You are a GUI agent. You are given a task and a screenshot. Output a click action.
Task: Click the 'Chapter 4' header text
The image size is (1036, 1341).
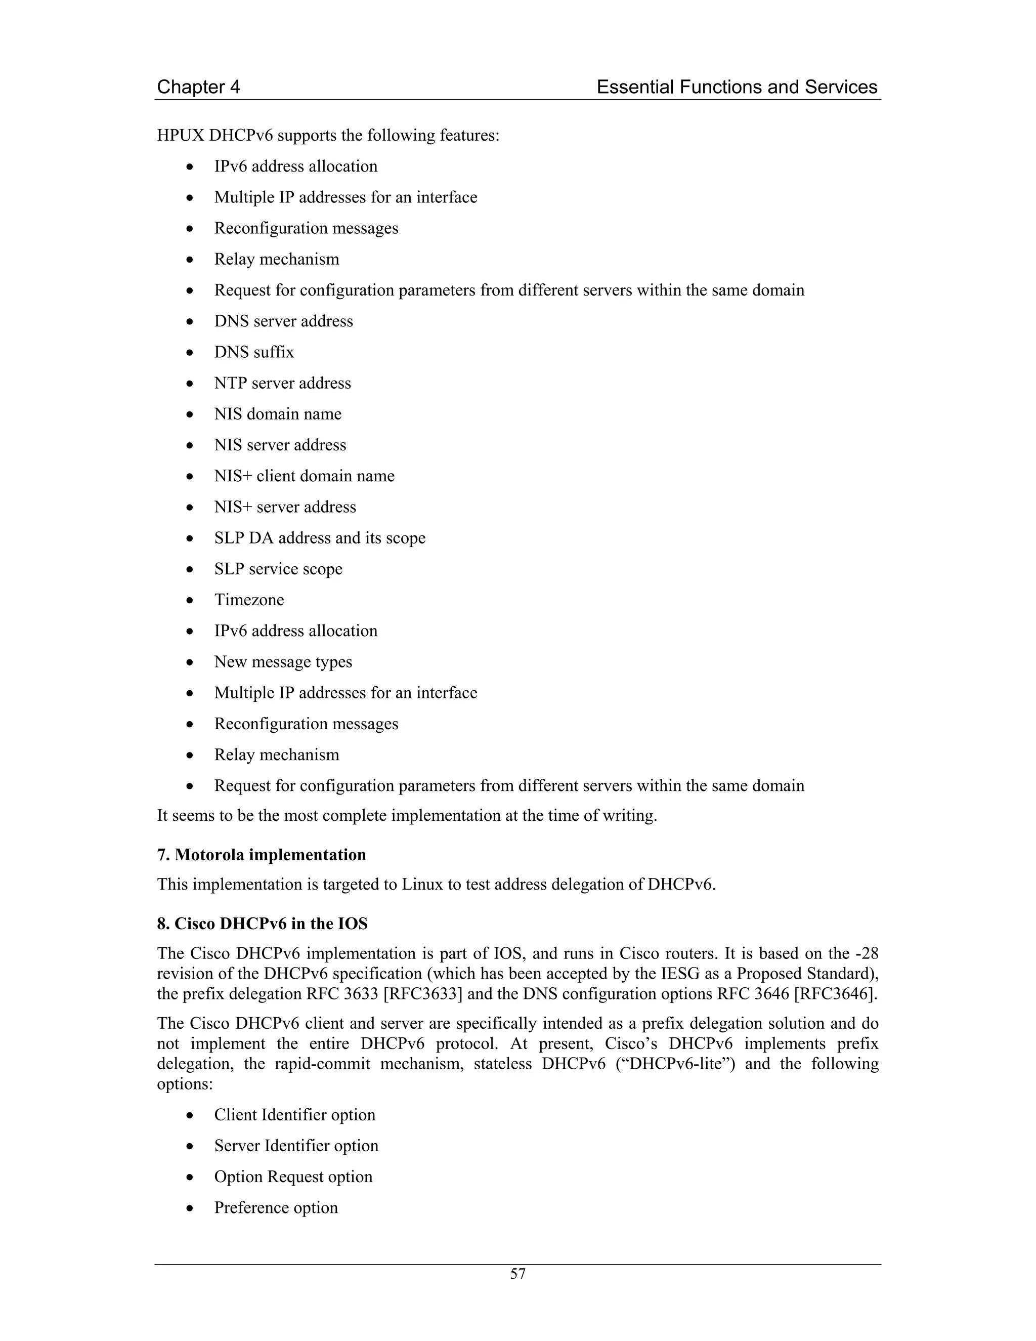click(x=198, y=87)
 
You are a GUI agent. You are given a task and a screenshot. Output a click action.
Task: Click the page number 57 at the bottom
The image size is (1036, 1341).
click(x=517, y=1274)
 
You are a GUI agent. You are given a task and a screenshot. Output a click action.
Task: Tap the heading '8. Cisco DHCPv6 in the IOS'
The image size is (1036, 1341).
click(x=262, y=924)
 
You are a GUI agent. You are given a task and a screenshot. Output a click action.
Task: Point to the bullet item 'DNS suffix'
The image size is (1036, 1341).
click(x=253, y=352)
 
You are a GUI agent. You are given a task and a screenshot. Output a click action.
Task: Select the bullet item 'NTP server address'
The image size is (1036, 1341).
click(x=282, y=383)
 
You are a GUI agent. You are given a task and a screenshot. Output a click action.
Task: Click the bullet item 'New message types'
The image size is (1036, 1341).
click(x=283, y=662)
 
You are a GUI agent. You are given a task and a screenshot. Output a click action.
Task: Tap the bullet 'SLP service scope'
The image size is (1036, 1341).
click(x=278, y=569)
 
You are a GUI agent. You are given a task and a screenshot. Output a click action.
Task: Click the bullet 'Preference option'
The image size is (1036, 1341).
click(x=276, y=1208)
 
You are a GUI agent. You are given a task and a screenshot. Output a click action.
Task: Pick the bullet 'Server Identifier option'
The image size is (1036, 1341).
click(x=296, y=1146)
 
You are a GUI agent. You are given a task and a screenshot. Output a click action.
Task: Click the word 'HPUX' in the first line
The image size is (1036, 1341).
click(x=181, y=135)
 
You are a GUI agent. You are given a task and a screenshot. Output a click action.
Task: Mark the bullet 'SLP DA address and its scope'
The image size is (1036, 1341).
click(x=319, y=538)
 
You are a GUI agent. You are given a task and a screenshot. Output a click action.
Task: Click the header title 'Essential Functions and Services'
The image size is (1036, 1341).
click(x=737, y=87)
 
